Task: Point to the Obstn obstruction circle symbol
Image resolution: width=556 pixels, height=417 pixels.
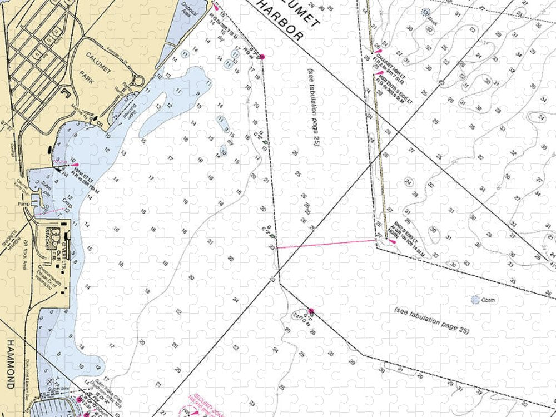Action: click(475, 300)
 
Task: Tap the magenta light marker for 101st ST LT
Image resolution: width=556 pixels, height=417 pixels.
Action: click(73, 165)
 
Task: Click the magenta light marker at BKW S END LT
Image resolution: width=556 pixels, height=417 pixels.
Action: click(393, 241)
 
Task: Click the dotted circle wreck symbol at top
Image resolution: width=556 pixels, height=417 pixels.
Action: click(426, 12)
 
